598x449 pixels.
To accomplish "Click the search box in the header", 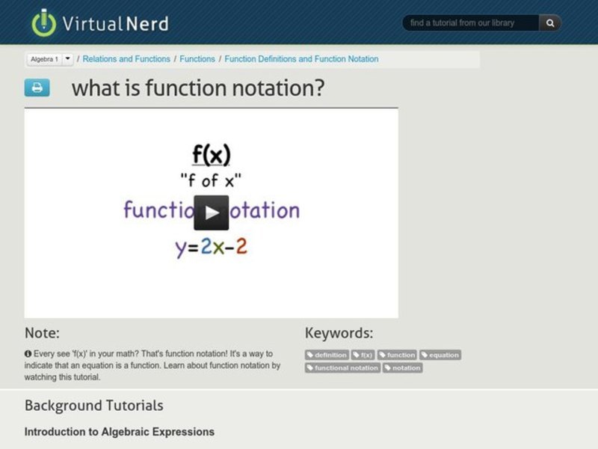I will (x=470, y=23).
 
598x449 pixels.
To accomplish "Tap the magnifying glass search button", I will (x=550, y=23).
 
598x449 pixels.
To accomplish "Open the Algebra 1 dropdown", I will (x=67, y=58).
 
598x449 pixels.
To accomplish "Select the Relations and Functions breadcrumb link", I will (x=127, y=59).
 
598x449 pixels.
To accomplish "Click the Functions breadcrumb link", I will (x=197, y=59).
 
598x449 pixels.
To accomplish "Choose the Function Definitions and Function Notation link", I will (x=301, y=59).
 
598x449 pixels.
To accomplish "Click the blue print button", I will (x=37, y=88).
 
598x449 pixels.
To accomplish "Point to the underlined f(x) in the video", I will (x=212, y=155).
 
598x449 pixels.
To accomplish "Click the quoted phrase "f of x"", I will (x=212, y=180).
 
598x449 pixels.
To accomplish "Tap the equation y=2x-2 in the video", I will (x=212, y=247).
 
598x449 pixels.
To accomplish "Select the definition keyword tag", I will (x=327, y=355).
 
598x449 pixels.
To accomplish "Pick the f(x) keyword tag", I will (x=363, y=355).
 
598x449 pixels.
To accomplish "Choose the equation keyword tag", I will (x=440, y=355).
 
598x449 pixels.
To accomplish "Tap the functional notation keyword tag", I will (x=343, y=368).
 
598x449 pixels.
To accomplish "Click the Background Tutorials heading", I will (x=93, y=406).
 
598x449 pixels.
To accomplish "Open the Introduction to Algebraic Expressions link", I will (x=120, y=432).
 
